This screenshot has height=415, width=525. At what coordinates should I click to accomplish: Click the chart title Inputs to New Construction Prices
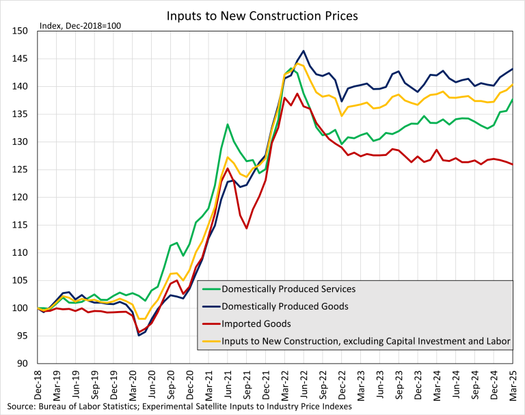(x=262, y=15)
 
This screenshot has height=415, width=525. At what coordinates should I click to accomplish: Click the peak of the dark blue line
(x=304, y=51)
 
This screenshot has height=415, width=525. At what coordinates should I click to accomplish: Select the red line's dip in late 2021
(x=247, y=228)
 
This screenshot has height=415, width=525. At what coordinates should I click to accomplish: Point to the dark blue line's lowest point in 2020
(x=139, y=335)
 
